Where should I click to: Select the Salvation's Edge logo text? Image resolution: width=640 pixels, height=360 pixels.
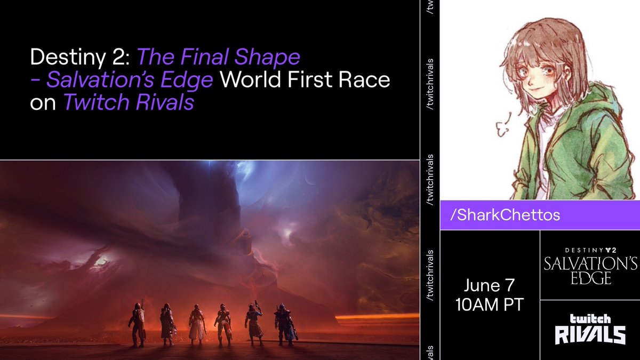590,270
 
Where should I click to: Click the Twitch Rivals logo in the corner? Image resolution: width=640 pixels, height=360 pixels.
590,330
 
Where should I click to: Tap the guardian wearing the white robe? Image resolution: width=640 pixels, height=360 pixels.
197,324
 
